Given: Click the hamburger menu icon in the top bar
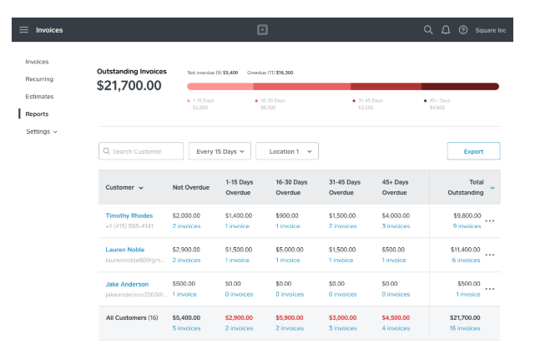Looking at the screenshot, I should [23, 30].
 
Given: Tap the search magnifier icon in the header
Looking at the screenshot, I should [428, 30].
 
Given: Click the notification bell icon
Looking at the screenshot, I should [446, 30].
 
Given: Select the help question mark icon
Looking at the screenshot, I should [463, 30].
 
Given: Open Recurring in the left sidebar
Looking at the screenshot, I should [39, 79].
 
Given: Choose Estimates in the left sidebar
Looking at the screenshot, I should [39, 97].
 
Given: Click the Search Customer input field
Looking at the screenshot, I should [141, 151].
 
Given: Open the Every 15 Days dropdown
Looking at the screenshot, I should [219, 151].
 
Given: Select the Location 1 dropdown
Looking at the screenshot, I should [287, 151].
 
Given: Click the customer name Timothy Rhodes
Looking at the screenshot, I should [129, 215].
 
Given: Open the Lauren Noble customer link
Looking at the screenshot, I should [124, 250].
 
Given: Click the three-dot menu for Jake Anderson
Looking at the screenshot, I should [490, 289].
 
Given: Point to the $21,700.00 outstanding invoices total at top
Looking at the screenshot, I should [129, 85].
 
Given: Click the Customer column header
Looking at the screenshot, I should [124, 188].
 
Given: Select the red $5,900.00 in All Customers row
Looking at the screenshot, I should [290, 318].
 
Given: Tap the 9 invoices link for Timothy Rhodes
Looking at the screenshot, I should [467, 226].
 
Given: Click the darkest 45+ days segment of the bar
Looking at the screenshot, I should [460, 86].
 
